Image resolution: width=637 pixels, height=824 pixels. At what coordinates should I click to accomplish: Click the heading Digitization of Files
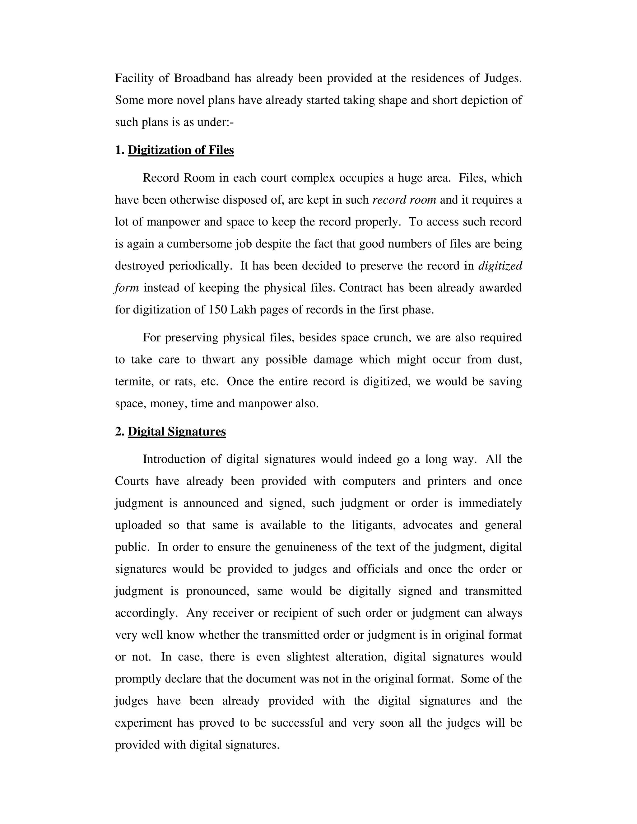181,150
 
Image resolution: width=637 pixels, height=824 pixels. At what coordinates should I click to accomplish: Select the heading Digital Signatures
177,432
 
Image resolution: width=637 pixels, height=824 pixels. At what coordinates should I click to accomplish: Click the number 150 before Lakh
217,310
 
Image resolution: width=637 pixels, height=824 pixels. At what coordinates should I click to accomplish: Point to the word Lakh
243,310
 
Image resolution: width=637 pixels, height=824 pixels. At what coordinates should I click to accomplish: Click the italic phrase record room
404,200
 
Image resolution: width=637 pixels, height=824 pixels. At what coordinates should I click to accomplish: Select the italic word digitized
500,266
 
